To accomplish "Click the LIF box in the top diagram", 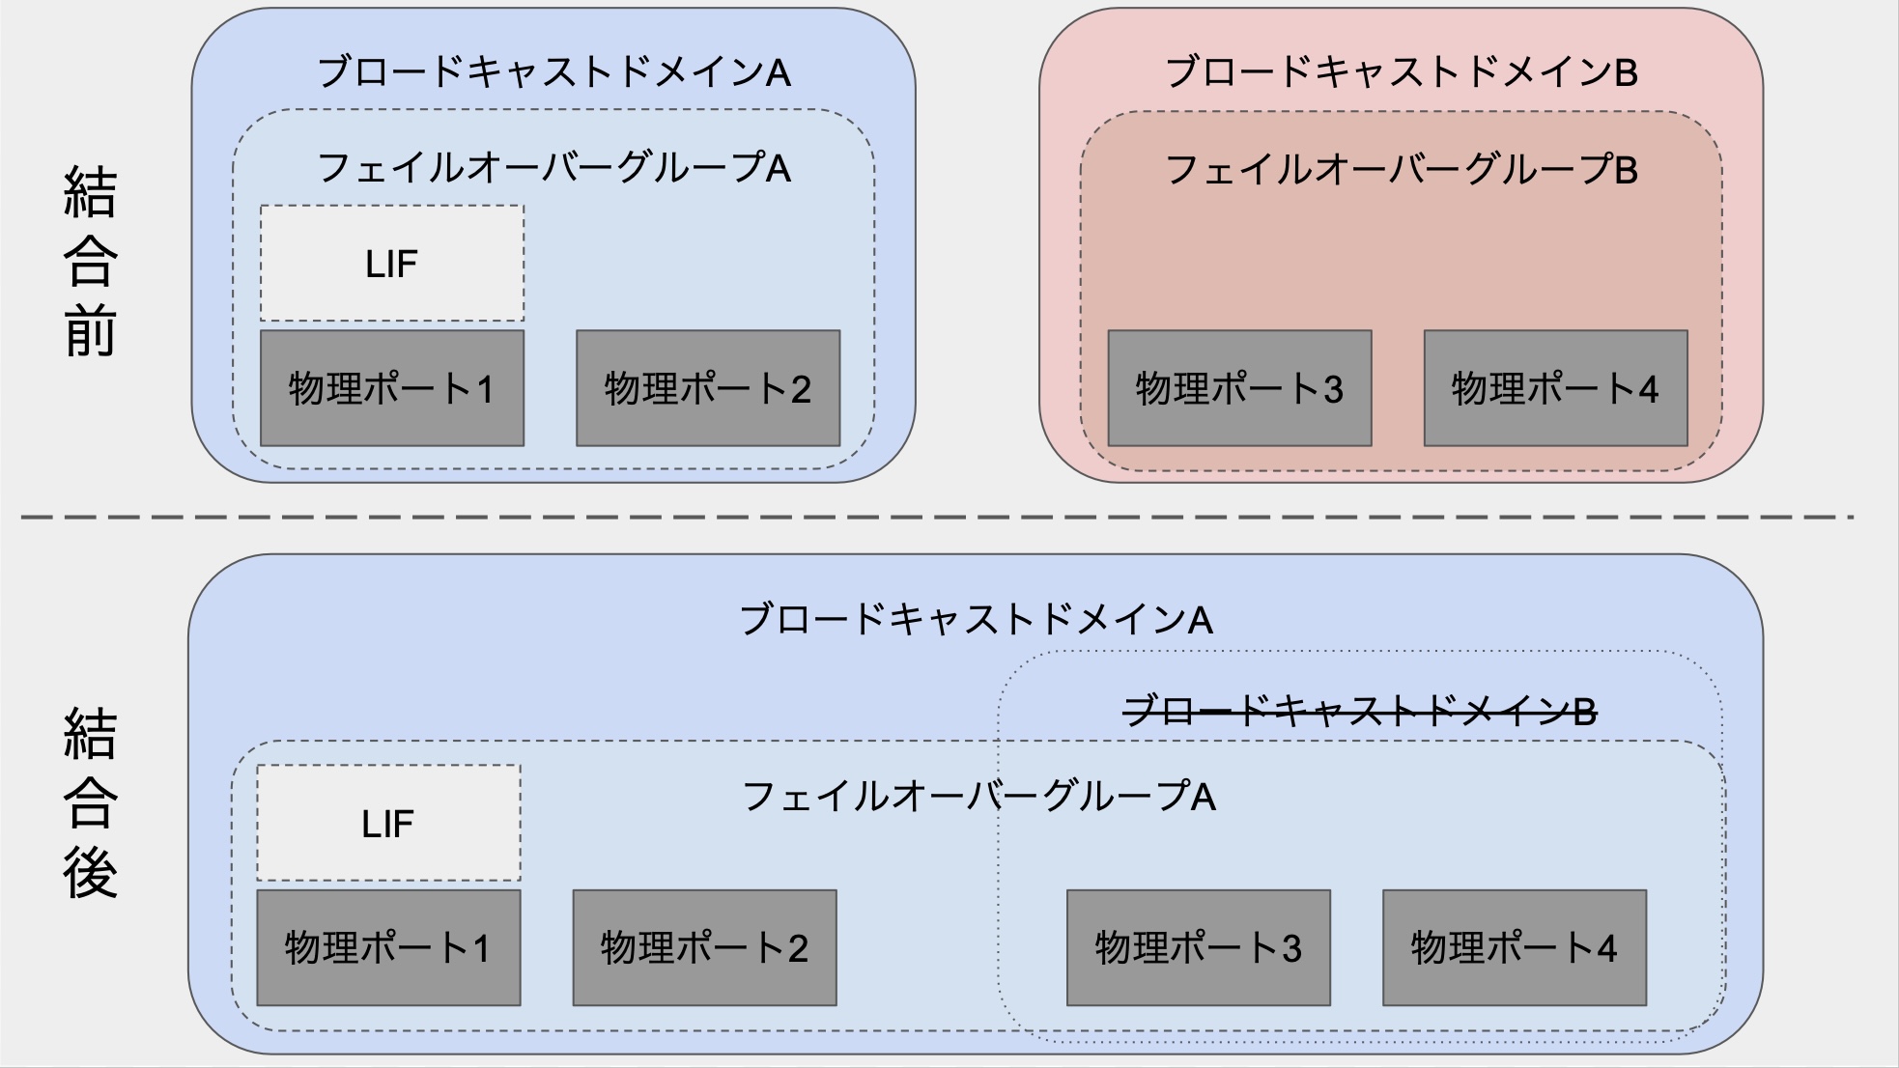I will [x=392, y=264].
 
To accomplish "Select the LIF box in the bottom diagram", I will [x=388, y=823].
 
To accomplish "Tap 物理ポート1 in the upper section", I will [x=392, y=388].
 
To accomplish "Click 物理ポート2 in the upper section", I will [x=708, y=388].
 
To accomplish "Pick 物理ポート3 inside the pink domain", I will [x=1239, y=388].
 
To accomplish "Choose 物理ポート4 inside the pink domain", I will [x=1555, y=388].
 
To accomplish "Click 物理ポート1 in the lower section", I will [x=388, y=947].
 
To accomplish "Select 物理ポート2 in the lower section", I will [x=704, y=947].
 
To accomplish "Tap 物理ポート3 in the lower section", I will [x=1198, y=947].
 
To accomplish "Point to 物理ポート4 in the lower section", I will [x=1514, y=947].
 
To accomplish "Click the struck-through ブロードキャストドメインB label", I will [x=1360, y=713].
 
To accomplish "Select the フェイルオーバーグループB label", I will [x=1401, y=170].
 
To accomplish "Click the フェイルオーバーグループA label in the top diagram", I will [x=553, y=168].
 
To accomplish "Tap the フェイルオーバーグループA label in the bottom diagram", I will [x=978, y=797].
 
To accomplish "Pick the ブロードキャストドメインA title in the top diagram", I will [x=553, y=72].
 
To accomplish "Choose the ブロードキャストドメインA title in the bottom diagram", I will [x=976, y=620].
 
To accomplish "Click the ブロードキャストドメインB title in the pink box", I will [x=1401, y=72].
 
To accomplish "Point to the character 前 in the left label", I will [x=90, y=331].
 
